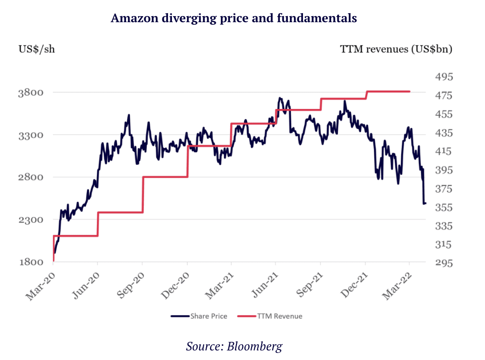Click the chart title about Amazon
(234, 18)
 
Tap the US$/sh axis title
(37, 49)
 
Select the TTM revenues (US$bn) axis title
(396, 49)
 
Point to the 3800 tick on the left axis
(31, 92)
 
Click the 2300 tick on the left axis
(31, 220)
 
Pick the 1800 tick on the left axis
(31, 262)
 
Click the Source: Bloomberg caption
(234, 346)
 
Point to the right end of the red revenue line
(410, 91)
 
